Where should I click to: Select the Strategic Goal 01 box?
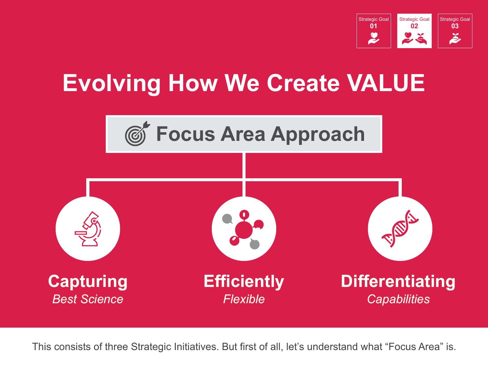pos(374,31)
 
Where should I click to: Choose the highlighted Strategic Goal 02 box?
pos(414,31)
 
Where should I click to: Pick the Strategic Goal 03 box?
pos(455,31)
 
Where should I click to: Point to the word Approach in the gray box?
pos(318,135)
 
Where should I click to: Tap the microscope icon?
pos(88,229)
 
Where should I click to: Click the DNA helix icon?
pos(400,228)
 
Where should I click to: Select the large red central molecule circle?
pos(244,230)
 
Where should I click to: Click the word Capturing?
pos(88,282)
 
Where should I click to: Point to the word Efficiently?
pos(244,282)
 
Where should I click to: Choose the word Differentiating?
pos(398,282)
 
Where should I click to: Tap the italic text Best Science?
pos(88,299)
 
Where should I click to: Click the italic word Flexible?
pos(244,299)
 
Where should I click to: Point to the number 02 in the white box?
pos(414,26)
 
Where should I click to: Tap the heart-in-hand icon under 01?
pos(374,38)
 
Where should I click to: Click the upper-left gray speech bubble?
pos(227,219)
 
